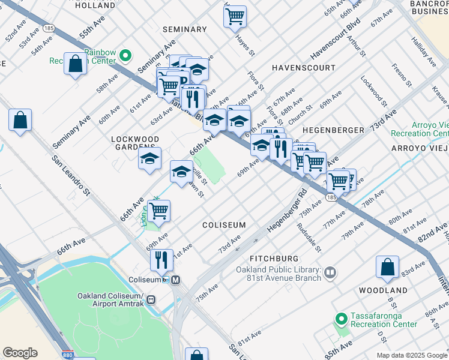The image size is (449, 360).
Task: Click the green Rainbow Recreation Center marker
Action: [125, 57]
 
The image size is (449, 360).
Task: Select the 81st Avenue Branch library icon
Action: [330, 274]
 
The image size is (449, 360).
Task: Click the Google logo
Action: [20, 352]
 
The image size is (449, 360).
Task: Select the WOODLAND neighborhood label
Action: [384, 290]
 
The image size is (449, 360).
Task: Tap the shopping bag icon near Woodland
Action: [388, 267]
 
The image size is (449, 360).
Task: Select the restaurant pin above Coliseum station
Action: [161, 260]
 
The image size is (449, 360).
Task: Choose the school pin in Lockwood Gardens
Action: [149, 159]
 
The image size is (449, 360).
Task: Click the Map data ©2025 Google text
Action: [412, 355]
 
